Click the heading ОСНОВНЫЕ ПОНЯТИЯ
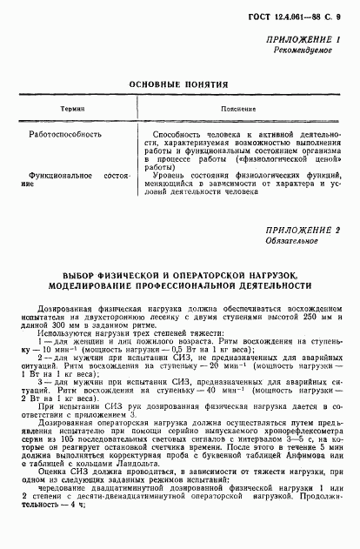[178, 84]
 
